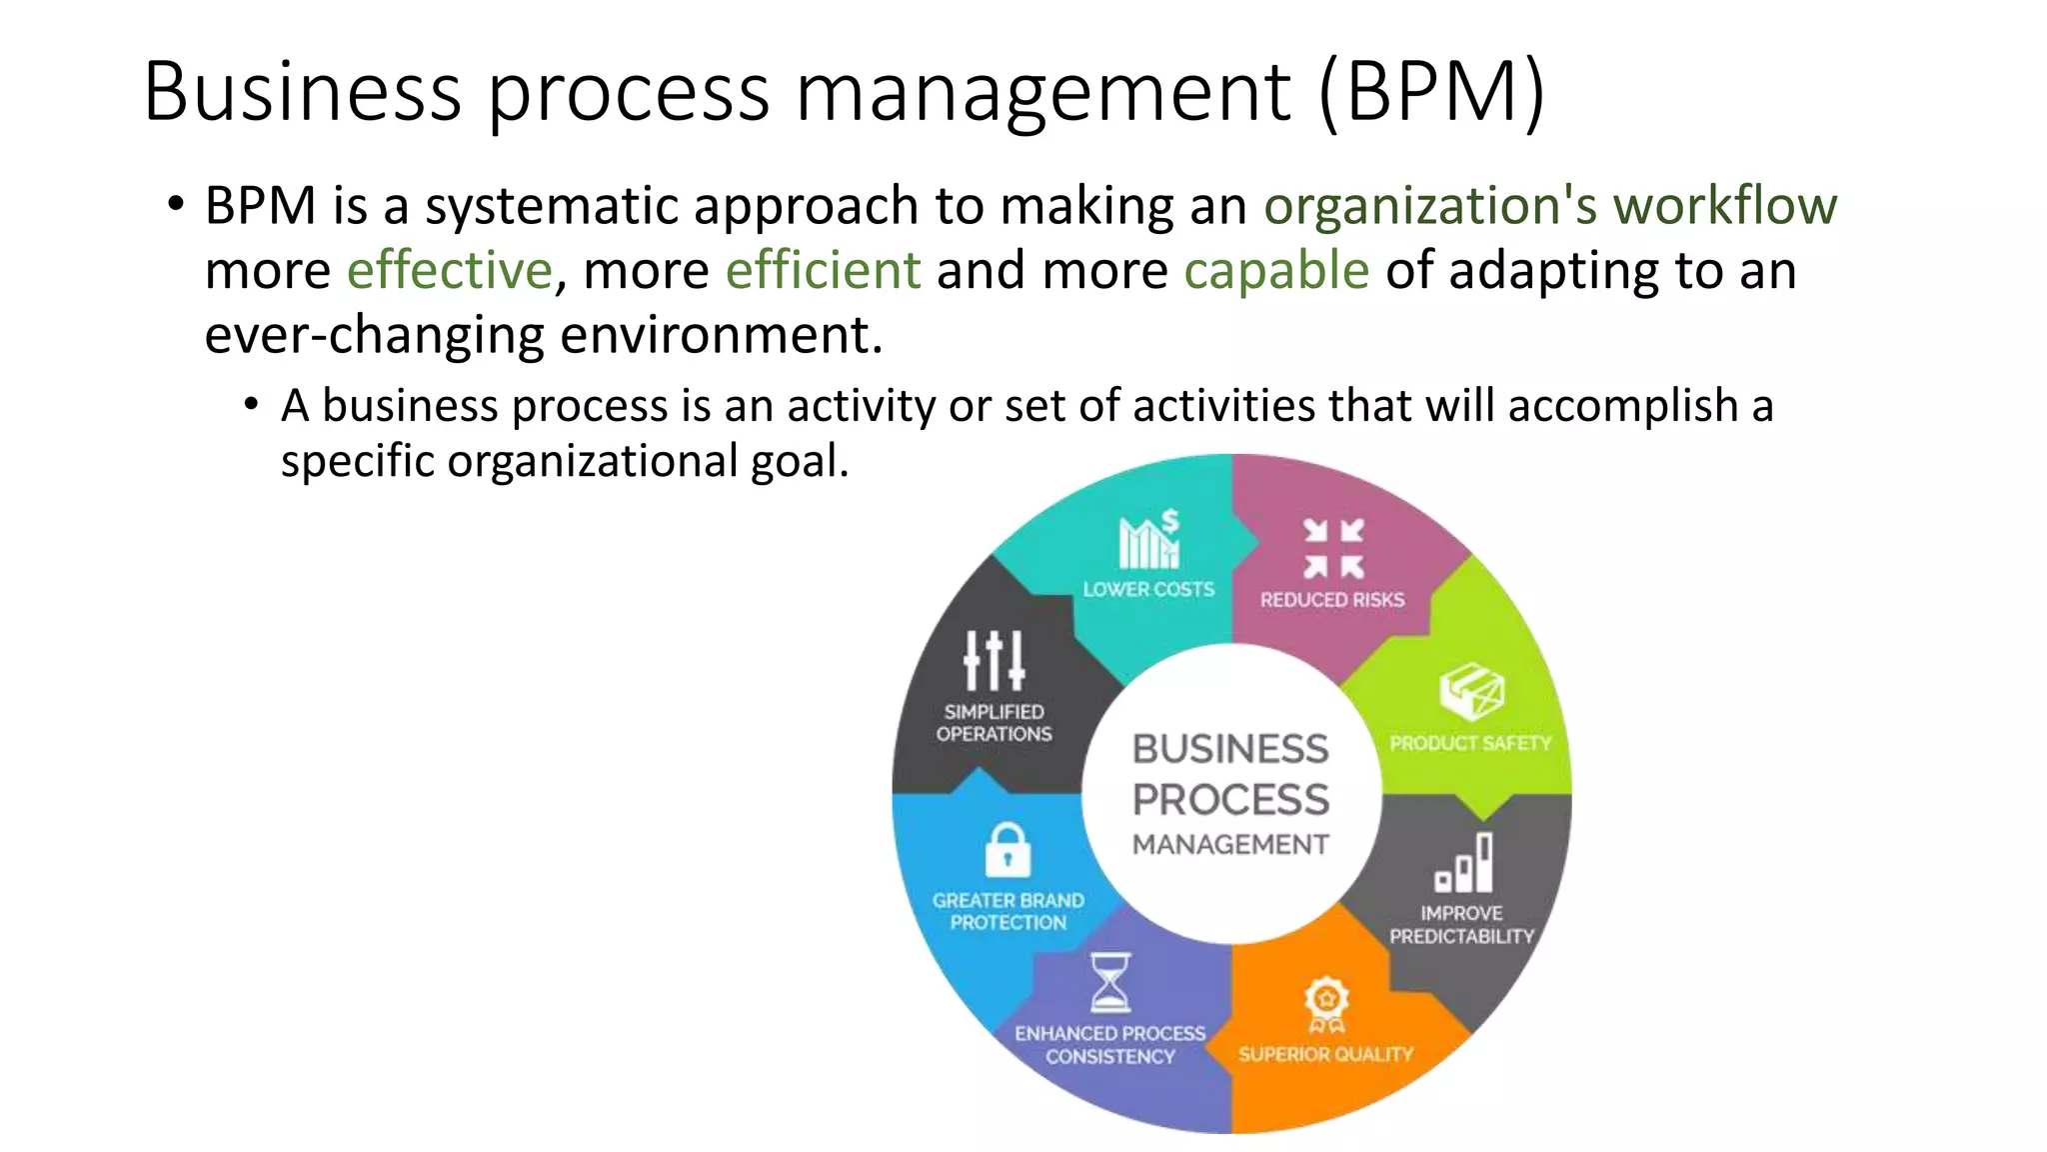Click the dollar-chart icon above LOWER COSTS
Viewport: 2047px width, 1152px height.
[x=1148, y=540]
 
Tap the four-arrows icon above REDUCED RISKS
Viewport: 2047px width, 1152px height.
[x=1333, y=548]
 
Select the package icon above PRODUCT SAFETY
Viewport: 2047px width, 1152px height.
[x=1471, y=691]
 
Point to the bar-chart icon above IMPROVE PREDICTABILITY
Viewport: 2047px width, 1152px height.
[x=1464, y=863]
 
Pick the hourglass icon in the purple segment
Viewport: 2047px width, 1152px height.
[x=1109, y=983]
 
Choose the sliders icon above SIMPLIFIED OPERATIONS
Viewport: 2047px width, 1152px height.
[x=994, y=660]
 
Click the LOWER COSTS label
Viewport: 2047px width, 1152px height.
[x=1148, y=590]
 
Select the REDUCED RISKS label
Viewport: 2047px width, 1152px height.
[x=1332, y=600]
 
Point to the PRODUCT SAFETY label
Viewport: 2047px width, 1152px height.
[x=1470, y=743]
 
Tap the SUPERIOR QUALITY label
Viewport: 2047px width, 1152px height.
[x=1326, y=1054]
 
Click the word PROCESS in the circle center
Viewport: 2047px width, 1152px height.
[x=1230, y=799]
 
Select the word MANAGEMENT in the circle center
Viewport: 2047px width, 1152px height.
[x=1230, y=845]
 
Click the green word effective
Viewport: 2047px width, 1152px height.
[x=449, y=270]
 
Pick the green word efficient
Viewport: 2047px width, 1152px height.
[x=823, y=270]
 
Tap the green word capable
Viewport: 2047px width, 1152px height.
[x=1276, y=270]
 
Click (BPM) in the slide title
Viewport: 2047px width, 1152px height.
[x=1431, y=92]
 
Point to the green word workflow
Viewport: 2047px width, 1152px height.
[x=1725, y=206]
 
